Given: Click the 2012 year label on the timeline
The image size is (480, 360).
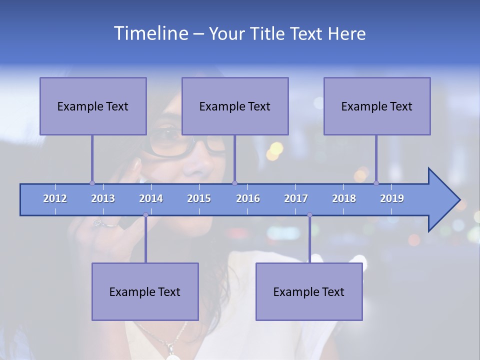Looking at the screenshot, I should (x=55, y=198).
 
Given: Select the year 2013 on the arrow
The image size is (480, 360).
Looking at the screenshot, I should (x=103, y=198).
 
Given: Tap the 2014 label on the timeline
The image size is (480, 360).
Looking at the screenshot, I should (x=151, y=198).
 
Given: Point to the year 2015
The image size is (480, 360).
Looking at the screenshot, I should (x=199, y=198).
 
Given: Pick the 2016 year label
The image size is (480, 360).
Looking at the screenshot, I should (x=248, y=198).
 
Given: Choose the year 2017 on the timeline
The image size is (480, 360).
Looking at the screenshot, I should (x=296, y=198).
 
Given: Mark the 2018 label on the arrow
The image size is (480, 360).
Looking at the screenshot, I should (x=344, y=198).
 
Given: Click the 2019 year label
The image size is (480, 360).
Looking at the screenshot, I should (x=392, y=198).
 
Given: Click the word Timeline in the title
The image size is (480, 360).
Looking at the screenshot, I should (x=150, y=33).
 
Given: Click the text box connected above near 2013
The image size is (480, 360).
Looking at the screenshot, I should (x=93, y=106).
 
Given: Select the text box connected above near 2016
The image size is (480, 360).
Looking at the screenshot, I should (x=235, y=106).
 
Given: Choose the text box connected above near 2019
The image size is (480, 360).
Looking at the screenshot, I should (x=377, y=106).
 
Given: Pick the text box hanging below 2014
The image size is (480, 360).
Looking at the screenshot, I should (x=145, y=291).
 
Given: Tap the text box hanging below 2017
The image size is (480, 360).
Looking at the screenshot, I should (x=309, y=291).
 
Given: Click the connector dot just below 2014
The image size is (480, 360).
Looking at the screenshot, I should (x=145, y=215).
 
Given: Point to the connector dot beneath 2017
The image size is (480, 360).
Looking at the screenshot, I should (x=309, y=215).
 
